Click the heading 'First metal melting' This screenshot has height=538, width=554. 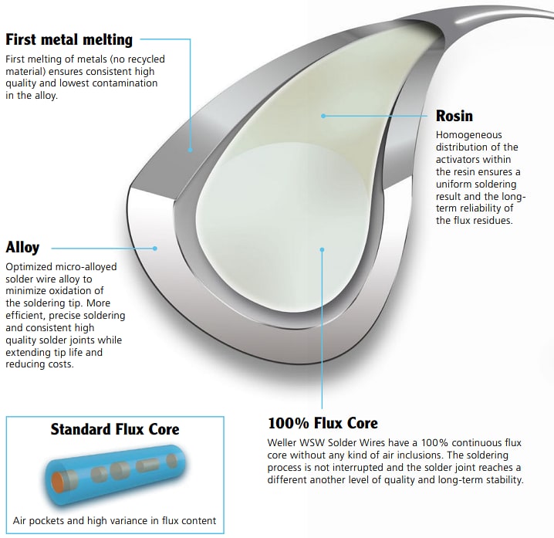69,39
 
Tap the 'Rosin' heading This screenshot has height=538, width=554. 454,117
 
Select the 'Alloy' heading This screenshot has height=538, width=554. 22,248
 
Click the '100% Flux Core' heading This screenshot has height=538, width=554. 323,423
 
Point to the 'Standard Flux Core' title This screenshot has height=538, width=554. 115,429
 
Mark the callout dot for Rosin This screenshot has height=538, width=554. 323,116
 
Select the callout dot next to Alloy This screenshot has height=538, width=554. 155,248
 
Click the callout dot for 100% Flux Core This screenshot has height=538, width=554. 323,249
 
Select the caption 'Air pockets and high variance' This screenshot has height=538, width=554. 115,521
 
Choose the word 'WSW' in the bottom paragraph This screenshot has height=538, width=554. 320,443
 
